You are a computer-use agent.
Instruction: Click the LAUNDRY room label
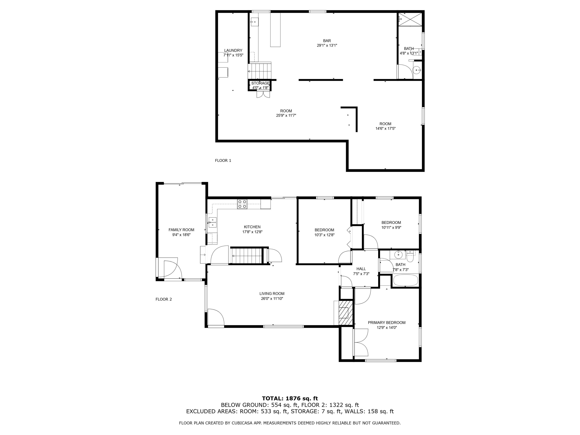tap(233, 50)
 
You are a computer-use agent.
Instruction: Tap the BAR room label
tap(327, 41)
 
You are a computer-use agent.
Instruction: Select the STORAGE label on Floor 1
tap(260, 83)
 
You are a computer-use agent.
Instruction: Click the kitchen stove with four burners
tap(242, 204)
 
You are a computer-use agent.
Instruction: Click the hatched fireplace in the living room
tap(346, 313)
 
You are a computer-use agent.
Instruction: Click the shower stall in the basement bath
tap(410, 19)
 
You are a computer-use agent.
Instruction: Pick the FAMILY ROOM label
tap(181, 230)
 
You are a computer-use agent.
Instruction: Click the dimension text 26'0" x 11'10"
tap(272, 298)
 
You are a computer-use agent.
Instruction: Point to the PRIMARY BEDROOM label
tap(386, 322)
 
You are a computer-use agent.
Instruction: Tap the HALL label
tap(361, 269)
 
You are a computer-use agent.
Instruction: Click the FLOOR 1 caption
tap(223, 160)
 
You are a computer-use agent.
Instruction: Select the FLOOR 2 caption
tap(164, 299)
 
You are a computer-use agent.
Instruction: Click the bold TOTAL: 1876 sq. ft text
tap(290, 398)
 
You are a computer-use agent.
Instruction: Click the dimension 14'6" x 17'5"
tap(385, 129)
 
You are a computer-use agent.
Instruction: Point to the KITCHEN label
tap(252, 227)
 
